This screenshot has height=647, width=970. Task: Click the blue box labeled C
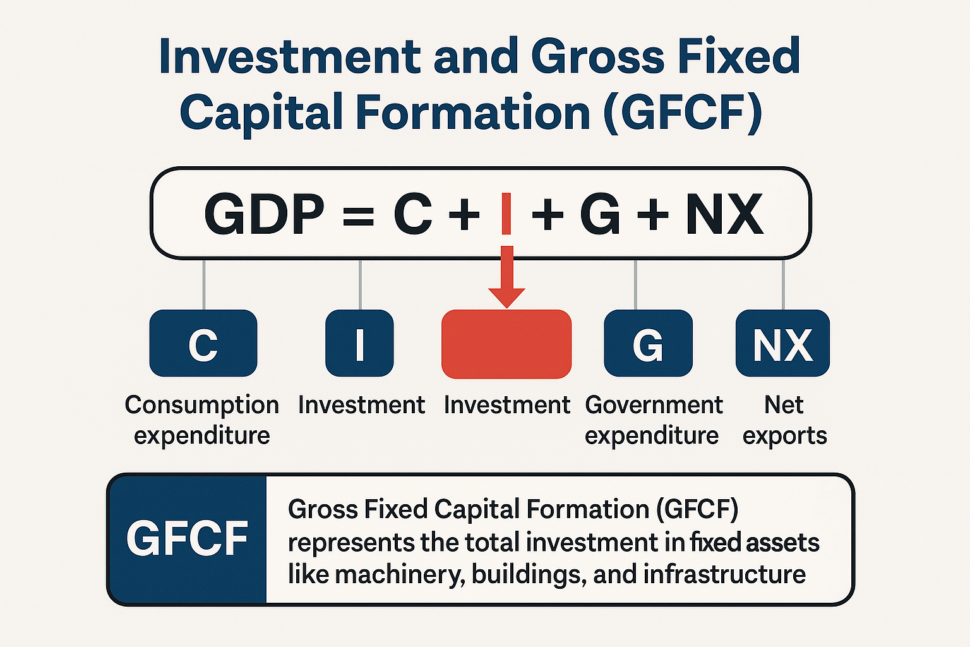pos(203,343)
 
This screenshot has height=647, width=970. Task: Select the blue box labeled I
pos(359,343)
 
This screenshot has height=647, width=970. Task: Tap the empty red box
pos(506,344)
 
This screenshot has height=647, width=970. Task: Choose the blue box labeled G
pos(648,343)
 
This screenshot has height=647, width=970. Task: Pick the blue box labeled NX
pos(782,343)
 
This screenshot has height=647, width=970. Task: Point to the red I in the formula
pos(506,214)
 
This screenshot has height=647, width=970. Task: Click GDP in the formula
pos(264,214)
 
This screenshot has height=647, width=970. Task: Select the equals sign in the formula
pos(357,215)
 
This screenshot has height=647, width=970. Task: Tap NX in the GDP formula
pos(724,214)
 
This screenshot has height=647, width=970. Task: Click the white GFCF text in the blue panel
pos(187,539)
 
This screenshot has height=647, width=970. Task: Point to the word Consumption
pos(201,405)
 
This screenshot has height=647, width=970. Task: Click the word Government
pos(654,405)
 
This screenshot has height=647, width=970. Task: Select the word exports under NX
pos(784,436)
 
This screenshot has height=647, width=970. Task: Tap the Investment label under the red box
pos(506,405)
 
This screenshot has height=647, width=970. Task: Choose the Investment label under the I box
pos(361,405)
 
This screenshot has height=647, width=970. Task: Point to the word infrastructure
pos(724,574)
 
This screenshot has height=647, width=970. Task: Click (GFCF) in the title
pos(683,112)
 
